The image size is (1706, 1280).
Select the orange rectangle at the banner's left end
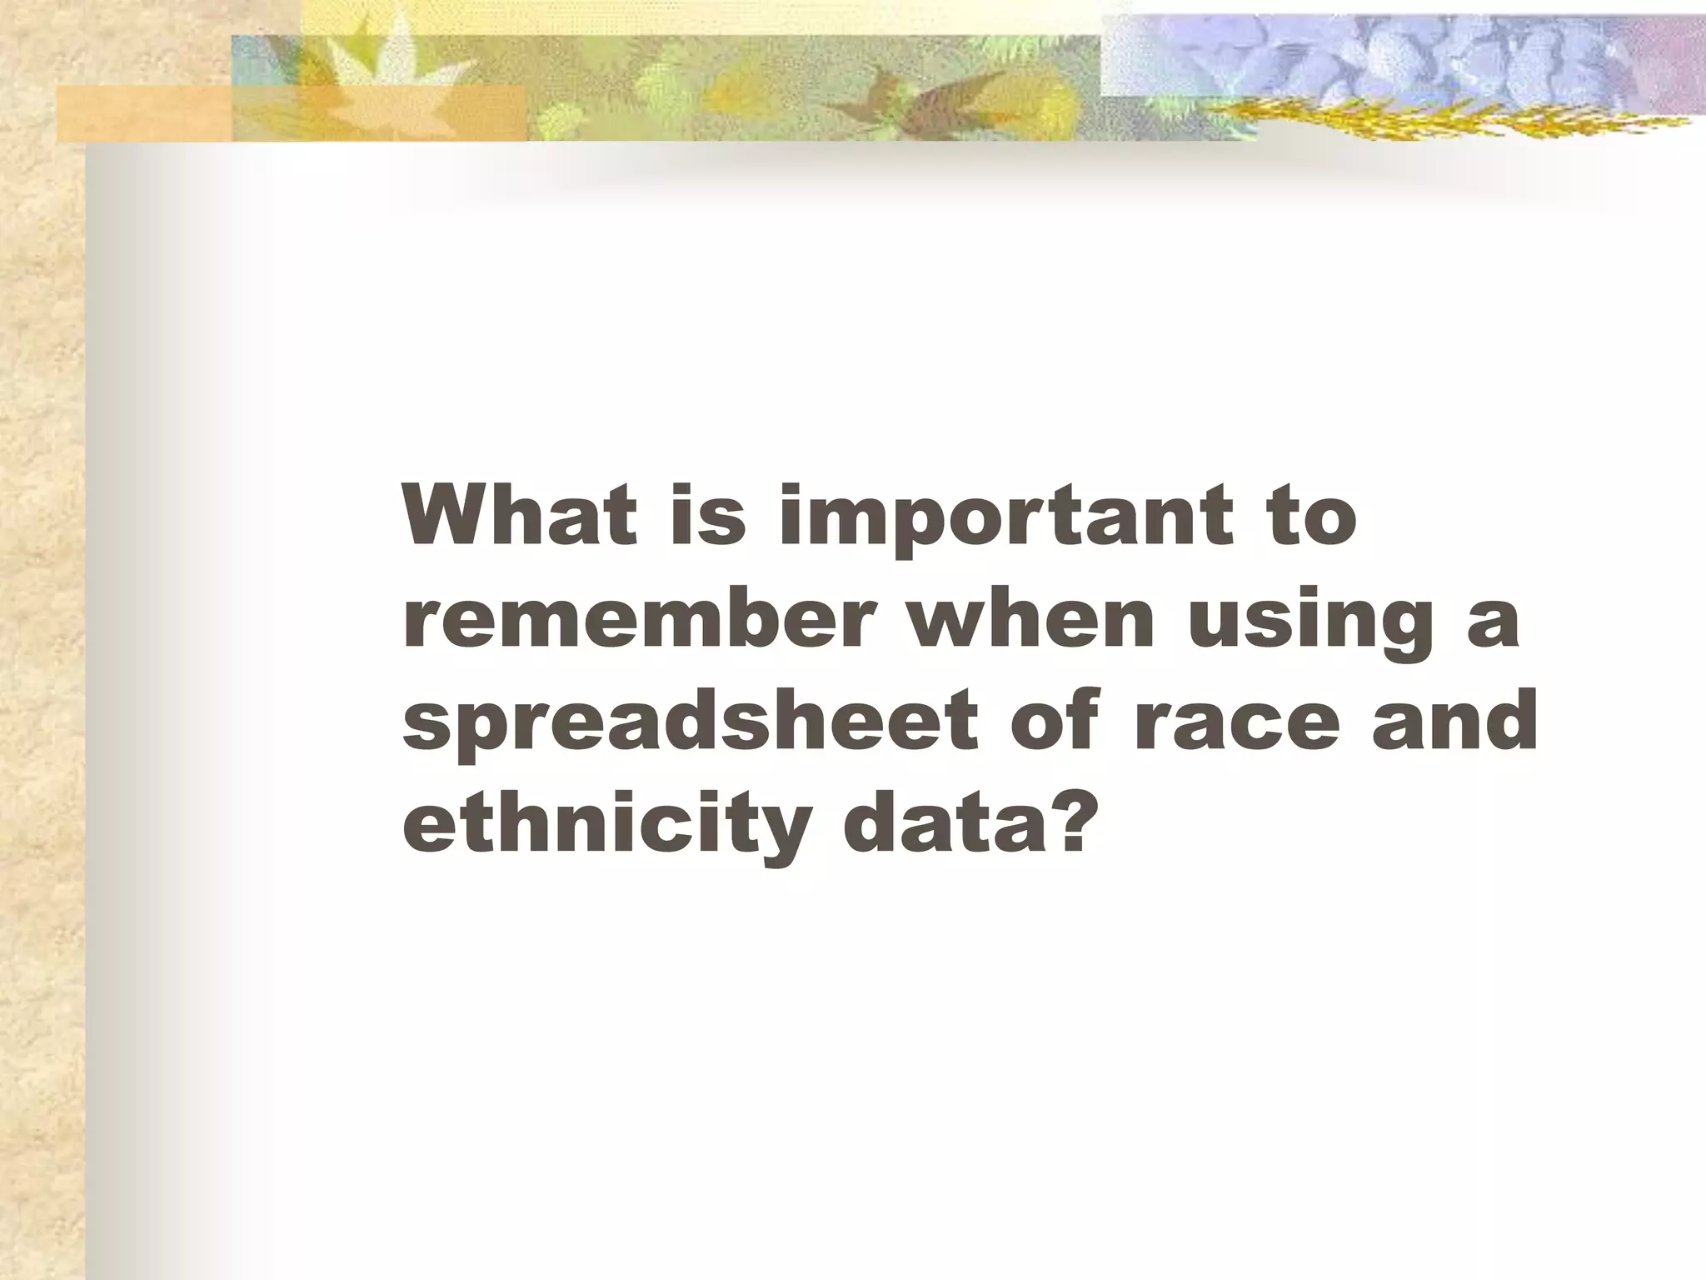pyautogui.click(x=142, y=112)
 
